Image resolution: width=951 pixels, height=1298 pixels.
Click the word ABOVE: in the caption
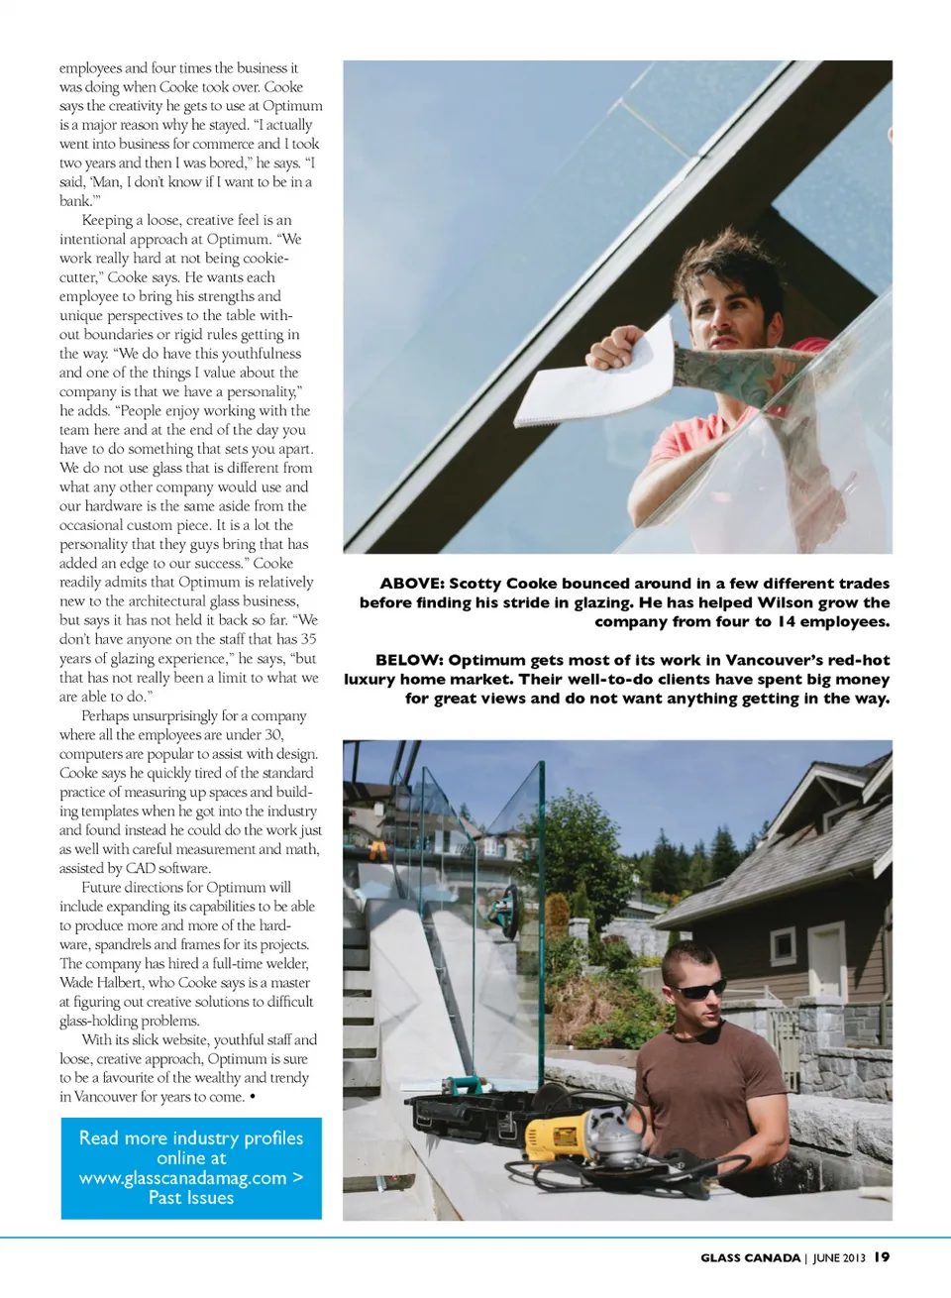pos(411,584)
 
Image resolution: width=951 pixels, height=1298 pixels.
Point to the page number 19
pos(882,1256)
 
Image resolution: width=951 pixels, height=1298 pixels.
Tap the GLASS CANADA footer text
pos(750,1257)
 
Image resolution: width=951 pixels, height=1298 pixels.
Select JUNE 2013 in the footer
pos(839,1257)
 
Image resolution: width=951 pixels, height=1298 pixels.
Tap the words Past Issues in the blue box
pos(191,1198)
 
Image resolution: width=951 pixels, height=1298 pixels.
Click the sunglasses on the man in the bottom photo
pos(701,988)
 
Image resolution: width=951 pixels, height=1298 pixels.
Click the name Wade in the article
pos(76,983)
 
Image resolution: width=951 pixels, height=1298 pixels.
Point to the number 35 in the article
pos(308,639)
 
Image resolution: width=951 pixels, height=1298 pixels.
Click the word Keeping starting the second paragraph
pos(107,220)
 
